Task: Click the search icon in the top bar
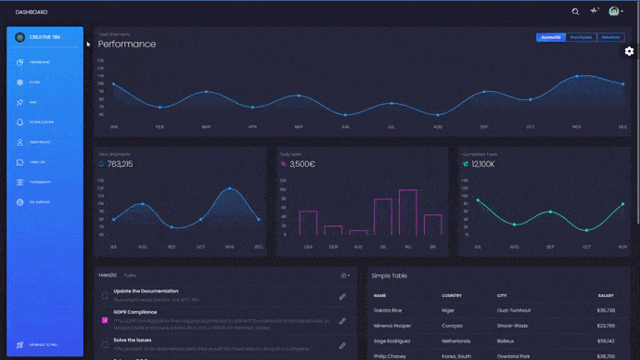(575, 12)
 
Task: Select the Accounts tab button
(550, 37)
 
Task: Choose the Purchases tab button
(581, 37)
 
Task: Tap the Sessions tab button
(610, 37)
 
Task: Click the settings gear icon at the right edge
(629, 51)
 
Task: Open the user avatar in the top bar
(614, 12)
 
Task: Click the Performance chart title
(127, 45)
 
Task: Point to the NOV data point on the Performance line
(577, 76)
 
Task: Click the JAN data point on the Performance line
(113, 84)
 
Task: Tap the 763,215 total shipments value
(120, 164)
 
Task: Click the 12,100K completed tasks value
(483, 164)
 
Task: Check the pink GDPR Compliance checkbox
(105, 320)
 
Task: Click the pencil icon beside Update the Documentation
(342, 296)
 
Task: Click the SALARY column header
(606, 295)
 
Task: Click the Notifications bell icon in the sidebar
(19, 122)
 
